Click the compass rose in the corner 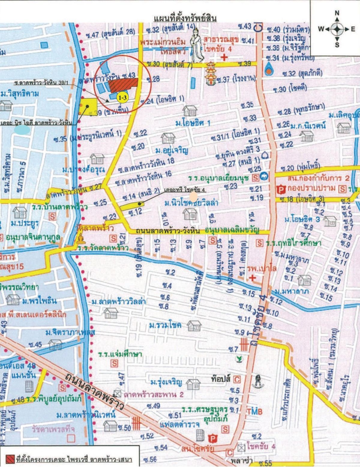click(337, 29)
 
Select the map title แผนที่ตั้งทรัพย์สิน click(185, 19)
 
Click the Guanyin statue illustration click(196, 45)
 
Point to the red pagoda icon click(210, 73)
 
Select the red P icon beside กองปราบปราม click(281, 189)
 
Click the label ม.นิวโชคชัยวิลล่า click(191, 203)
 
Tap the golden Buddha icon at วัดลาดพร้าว click(81, 239)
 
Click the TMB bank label click(255, 411)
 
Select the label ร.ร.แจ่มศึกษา click(120, 354)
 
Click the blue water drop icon click(269, 69)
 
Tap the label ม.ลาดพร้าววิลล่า click(119, 301)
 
